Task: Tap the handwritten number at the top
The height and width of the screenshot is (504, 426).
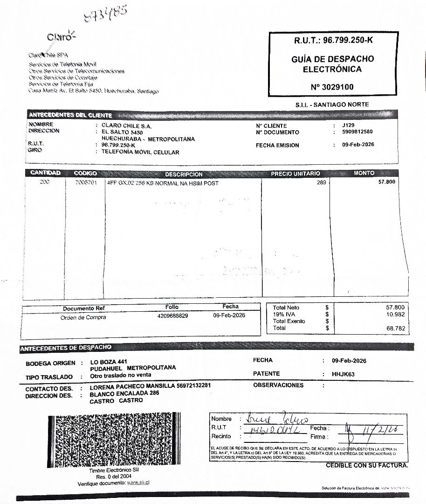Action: [x=105, y=14]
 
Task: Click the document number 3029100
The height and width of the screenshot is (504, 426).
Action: [x=332, y=87]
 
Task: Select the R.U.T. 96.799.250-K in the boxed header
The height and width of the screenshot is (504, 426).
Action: [x=333, y=41]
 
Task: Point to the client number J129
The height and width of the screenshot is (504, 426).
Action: [x=348, y=126]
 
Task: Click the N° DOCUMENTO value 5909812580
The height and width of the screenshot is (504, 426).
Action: [x=357, y=132]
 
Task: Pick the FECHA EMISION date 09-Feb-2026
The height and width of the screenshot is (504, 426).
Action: [x=357, y=145]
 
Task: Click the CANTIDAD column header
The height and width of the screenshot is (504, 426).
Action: [x=45, y=173]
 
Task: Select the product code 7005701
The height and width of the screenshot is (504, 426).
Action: [x=86, y=182]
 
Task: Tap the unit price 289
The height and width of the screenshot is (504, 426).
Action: [x=321, y=182]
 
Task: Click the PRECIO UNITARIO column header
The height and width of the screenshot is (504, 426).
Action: [x=295, y=174]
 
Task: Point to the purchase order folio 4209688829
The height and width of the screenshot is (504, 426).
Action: [x=173, y=316]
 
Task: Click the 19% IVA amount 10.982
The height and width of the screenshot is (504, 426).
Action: [x=394, y=315]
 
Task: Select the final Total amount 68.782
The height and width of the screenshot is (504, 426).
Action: [x=394, y=329]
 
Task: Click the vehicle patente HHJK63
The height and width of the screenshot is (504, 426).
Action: [x=344, y=374]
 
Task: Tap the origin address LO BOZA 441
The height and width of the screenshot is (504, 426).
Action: [x=108, y=362]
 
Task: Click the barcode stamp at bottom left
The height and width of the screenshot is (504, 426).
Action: [x=114, y=439]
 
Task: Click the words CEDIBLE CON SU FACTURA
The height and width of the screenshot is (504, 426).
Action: [x=367, y=465]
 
